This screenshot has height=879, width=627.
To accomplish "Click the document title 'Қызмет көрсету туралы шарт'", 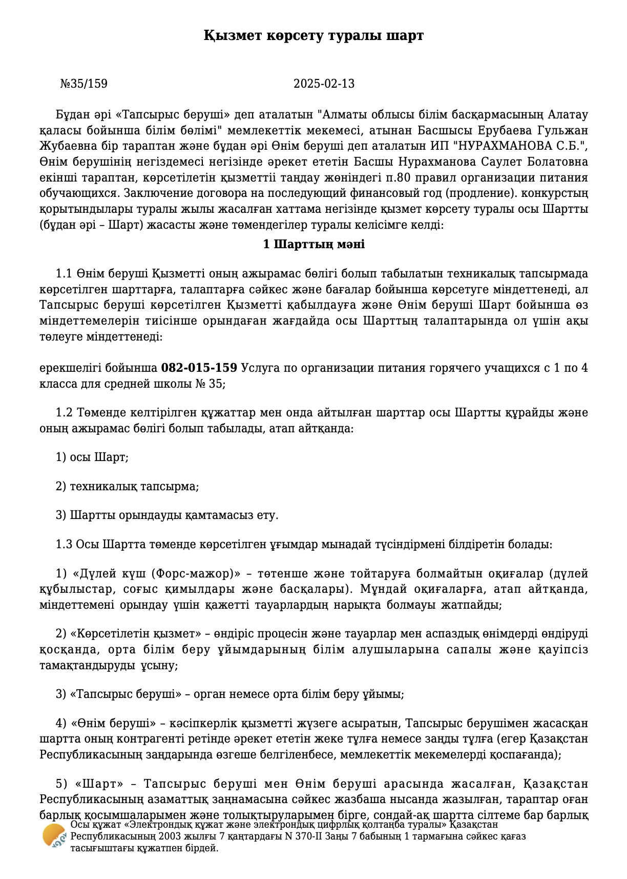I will (313, 36).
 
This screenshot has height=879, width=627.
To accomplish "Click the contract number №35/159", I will (84, 84).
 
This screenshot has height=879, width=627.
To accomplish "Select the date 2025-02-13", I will (324, 84).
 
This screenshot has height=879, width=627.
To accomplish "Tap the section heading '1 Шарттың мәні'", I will (313, 244).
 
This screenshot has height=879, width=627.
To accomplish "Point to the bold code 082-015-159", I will (199, 368).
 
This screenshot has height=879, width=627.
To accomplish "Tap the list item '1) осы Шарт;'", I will (92, 457).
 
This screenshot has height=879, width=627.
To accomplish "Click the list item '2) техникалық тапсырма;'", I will (127, 486).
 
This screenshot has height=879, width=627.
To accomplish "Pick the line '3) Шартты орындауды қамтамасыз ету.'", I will (167, 515).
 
